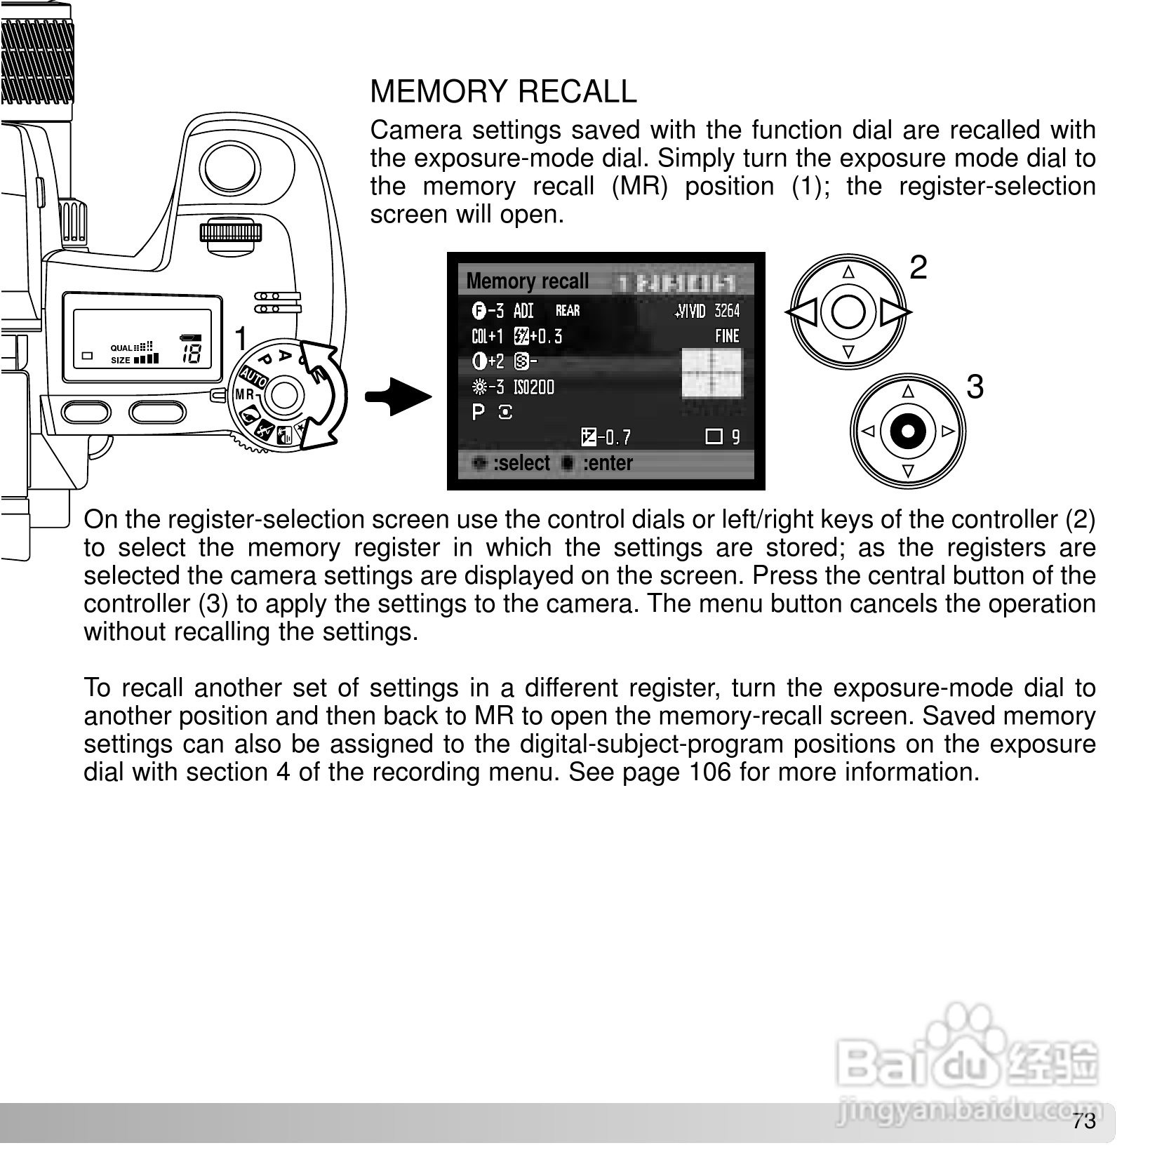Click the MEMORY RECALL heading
[503, 92]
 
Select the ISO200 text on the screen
[533, 387]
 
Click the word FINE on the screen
[727, 336]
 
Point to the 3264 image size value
[727, 311]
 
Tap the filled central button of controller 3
[908, 431]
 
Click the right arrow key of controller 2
[894, 312]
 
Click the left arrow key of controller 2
[802, 312]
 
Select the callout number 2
[918, 268]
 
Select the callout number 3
[975, 387]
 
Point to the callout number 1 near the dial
[241, 339]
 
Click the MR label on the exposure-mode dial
[244, 394]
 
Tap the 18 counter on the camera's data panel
[192, 354]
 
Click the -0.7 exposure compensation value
[615, 438]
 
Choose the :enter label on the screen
[607, 463]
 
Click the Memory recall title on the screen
[527, 281]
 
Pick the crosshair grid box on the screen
[711, 373]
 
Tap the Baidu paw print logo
[968, 1031]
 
